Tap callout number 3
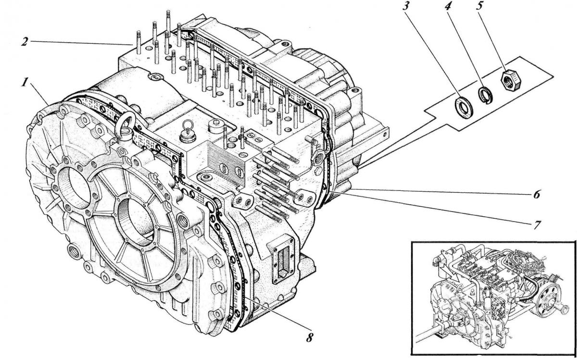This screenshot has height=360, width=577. tap(405, 6)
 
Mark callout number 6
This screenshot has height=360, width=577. tap(536, 195)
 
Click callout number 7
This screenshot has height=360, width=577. tap(536, 225)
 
